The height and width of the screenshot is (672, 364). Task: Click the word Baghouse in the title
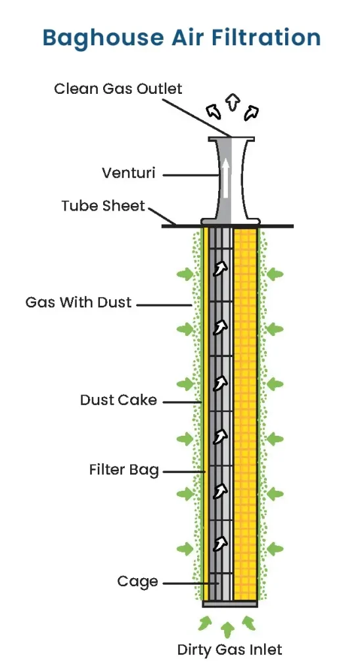click(95, 37)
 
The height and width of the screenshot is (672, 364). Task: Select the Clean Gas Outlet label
click(118, 89)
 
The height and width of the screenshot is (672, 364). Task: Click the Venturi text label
click(128, 173)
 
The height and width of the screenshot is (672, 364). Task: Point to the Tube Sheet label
click(103, 206)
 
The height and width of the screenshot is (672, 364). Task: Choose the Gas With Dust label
click(79, 303)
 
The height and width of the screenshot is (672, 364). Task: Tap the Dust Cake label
click(118, 400)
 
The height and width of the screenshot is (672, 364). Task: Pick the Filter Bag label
click(124, 471)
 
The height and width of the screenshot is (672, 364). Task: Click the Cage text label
click(137, 581)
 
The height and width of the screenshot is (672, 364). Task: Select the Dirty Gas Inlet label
click(229, 650)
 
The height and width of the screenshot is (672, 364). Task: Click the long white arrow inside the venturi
click(225, 178)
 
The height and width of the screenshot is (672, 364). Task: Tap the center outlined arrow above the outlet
click(231, 101)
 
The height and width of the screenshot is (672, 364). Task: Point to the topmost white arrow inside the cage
click(221, 268)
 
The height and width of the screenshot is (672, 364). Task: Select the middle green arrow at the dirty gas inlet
click(228, 629)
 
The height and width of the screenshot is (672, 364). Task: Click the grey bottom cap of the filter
click(229, 604)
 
